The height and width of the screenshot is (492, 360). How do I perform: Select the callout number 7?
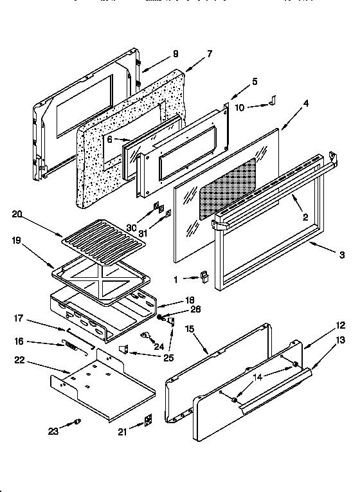[209, 53]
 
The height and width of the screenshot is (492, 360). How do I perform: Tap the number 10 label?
[240, 107]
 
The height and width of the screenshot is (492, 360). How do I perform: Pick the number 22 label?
[19, 360]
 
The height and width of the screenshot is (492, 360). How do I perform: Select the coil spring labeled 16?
[73, 346]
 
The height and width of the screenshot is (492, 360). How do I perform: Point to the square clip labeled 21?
[148, 420]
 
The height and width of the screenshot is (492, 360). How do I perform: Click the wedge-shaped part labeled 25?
[124, 348]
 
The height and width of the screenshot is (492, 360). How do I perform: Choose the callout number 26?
[178, 308]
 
